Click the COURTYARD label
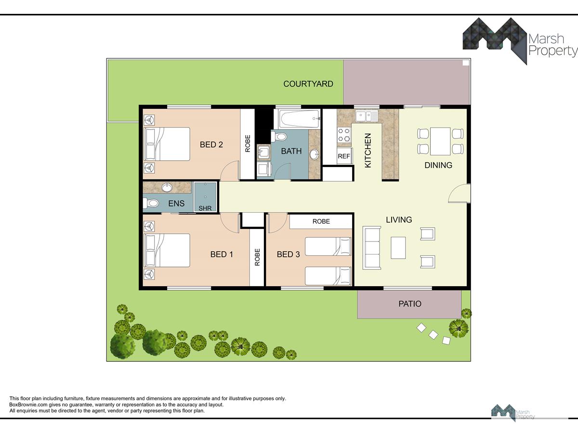[308, 84]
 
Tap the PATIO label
[410, 304]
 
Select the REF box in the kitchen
[344, 156]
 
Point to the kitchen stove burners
[344, 135]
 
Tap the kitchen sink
[367, 116]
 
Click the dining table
[440, 141]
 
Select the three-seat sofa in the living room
[371, 248]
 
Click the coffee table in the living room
[398, 248]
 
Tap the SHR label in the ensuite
[205, 208]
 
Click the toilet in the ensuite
[151, 203]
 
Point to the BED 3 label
[289, 254]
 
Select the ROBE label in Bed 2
[248, 143]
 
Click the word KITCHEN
[368, 151]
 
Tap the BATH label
[291, 151]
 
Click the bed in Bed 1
[167, 250]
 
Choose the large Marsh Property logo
[520, 41]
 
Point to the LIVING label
[399, 219]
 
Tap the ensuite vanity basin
[167, 188]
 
